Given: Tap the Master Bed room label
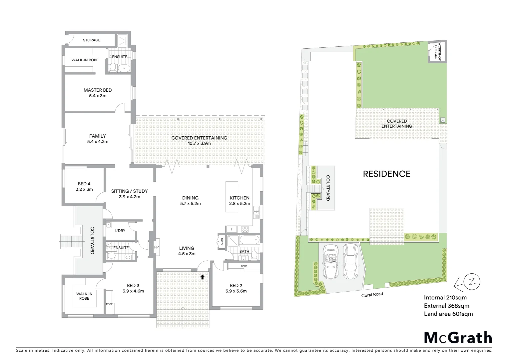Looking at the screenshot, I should (x=98, y=90).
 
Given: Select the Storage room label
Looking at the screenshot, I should (x=92, y=40).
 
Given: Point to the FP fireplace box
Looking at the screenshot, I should (x=156, y=247).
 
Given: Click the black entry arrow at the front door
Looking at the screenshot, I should (x=202, y=277).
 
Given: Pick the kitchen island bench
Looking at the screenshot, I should (x=233, y=197).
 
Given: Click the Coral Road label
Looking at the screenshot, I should (x=372, y=294).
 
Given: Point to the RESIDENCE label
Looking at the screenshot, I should (x=386, y=174).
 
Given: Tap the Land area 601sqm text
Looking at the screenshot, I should (x=448, y=314).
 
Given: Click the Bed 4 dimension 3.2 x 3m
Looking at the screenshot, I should (x=84, y=189).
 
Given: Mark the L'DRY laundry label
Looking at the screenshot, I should (x=120, y=231).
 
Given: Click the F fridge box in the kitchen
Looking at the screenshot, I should (x=231, y=229).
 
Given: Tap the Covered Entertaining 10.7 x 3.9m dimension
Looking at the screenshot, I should (x=199, y=143).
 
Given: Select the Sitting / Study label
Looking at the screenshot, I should (x=129, y=191).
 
